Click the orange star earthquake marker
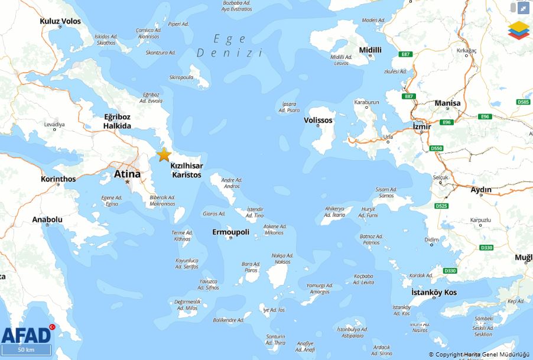coord(164,155)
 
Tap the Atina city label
coord(127,174)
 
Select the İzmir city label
coord(422,127)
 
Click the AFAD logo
coord(27,335)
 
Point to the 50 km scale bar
coord(26,349)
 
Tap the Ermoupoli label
coord(230,232)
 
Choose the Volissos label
coord(318,120)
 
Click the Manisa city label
coord(447,103)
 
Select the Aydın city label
coord(480,190)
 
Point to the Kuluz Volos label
coord(60,21)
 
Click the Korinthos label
coord(58,179)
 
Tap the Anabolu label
coord(47,219)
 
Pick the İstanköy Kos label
coord(434,293)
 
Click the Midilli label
coord(370,50)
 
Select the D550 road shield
coord(436,148)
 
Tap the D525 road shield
coord(441,206)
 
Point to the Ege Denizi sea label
coord(229,46)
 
